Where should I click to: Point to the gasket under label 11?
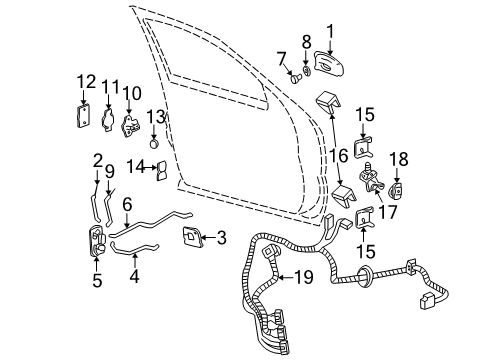click(106, 120)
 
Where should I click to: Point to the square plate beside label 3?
click(188, 237)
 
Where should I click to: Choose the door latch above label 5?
click(97, 241)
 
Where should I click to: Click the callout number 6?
click(127, 204)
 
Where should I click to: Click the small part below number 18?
click(398, 187)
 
